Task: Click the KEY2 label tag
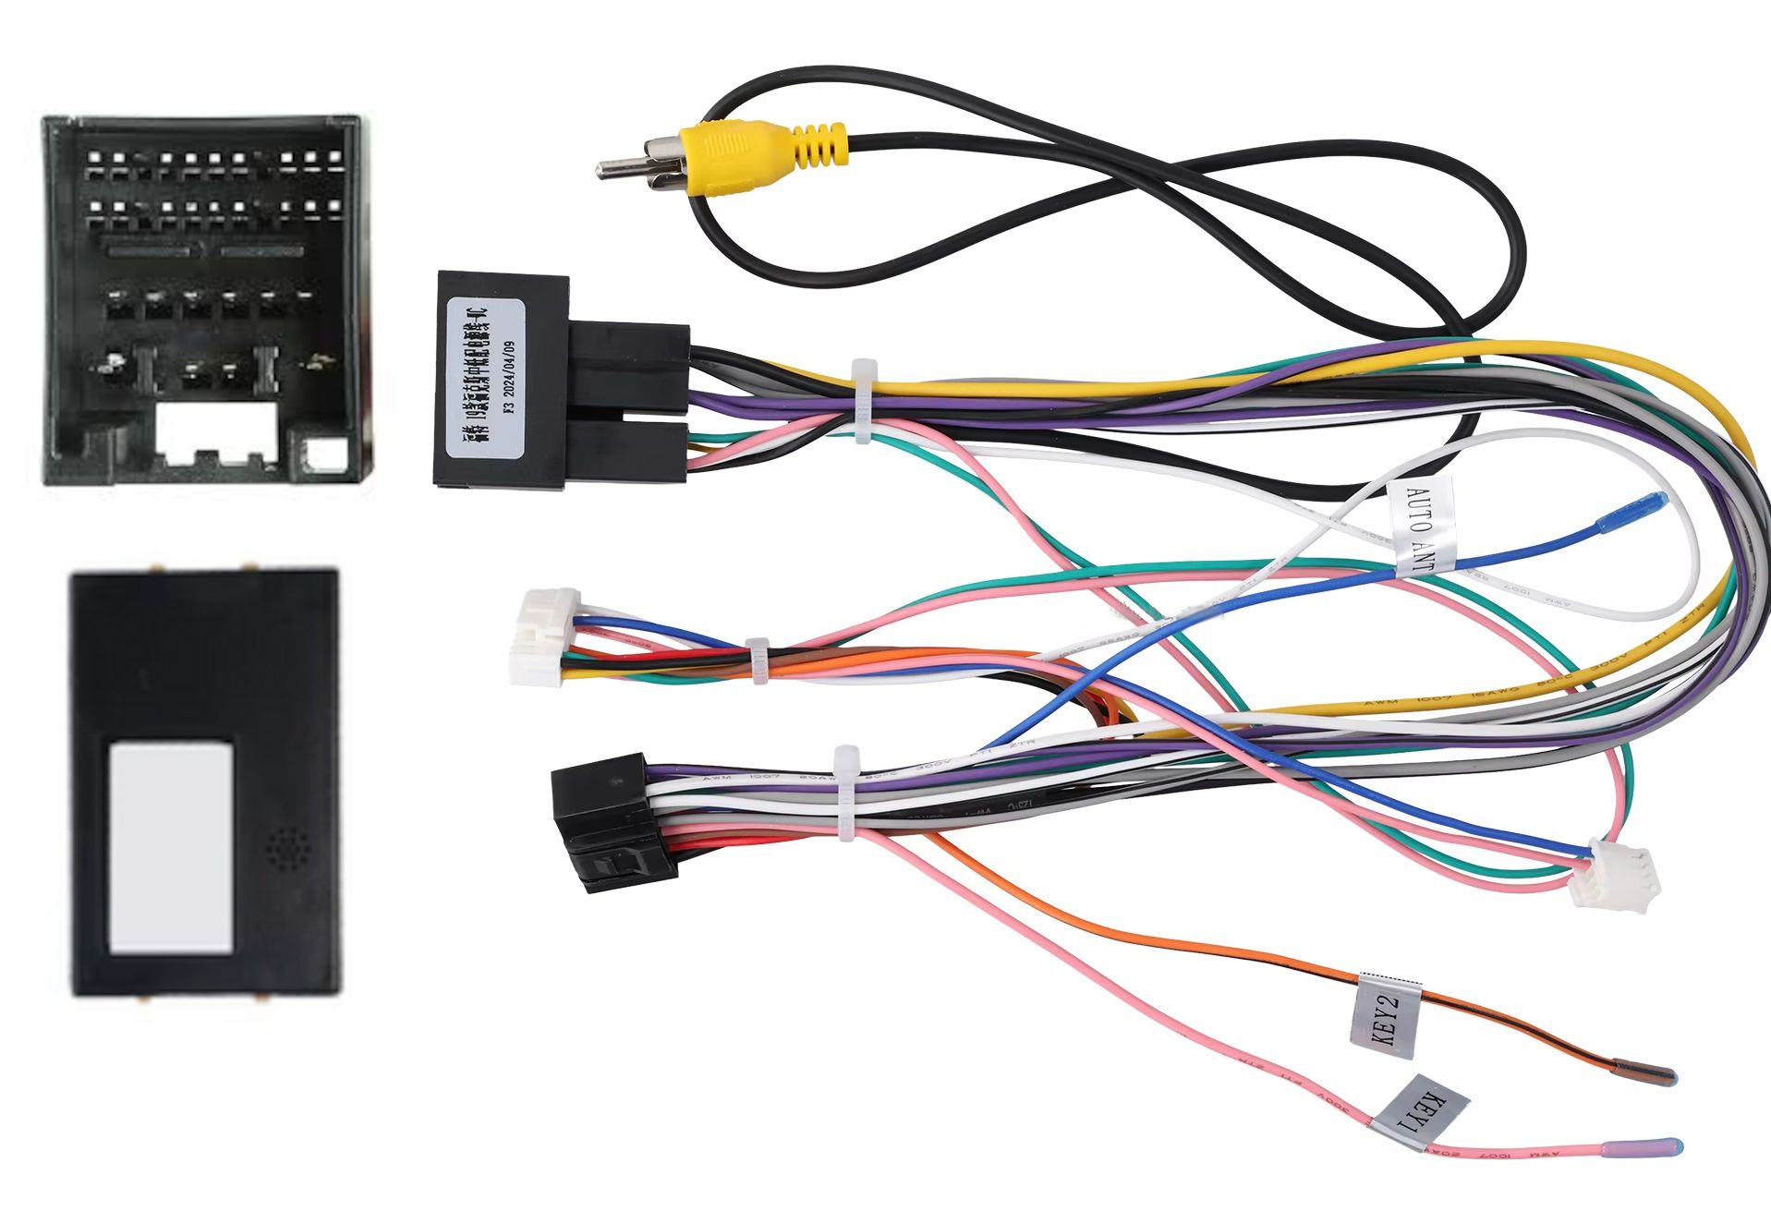[x=1383, y=1015]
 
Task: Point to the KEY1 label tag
[x=1419, y=1113]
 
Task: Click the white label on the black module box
[x=171, y=847]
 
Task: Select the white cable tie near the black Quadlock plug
[x=864, y=403]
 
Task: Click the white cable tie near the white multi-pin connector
[x=758, y=658]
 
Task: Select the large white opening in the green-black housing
[x=217, y=430]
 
